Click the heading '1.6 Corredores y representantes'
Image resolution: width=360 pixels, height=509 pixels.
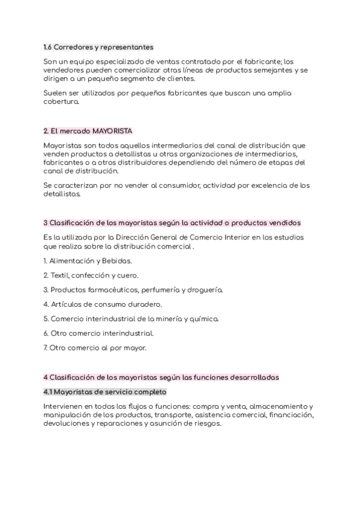(x=98, y=47)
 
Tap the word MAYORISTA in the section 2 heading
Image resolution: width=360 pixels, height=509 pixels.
(x=112, y=131)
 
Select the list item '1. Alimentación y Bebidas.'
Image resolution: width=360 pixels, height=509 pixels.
(x=88, y=261)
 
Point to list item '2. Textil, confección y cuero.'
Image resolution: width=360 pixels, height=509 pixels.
(x=91, y=276)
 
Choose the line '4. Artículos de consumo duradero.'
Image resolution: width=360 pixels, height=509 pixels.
(x=94, y=304)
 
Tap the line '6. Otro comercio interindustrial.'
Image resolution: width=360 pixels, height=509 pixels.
(x=98, y=333)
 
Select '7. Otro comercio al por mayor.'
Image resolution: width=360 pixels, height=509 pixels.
(x=95, y=348)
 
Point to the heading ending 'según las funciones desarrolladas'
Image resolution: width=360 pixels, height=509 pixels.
(x=161, y=378)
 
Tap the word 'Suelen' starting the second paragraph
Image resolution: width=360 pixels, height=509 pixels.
(x=58, y=93)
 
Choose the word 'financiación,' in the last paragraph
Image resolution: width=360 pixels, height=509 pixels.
(x=291, y=415)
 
